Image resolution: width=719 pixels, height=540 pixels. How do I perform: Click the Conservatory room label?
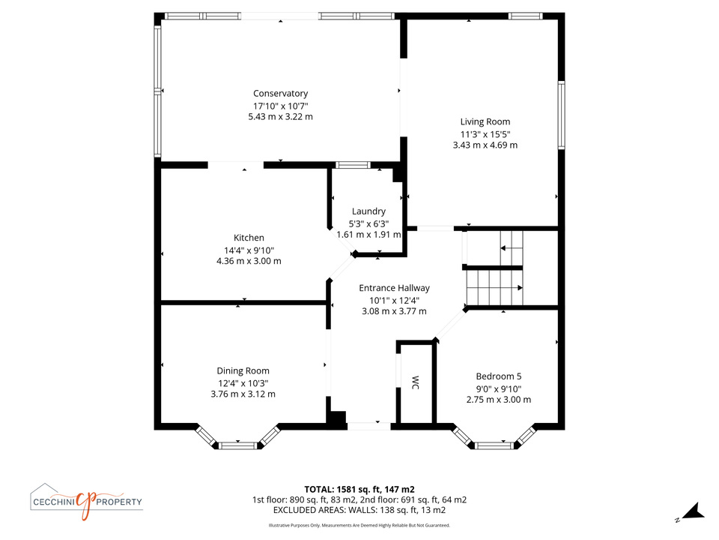pos(280,94)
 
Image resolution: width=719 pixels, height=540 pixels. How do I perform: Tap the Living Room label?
pos(485,121)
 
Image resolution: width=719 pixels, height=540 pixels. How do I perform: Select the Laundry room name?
pos(368,211)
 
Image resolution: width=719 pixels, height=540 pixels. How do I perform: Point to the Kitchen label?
pos(249,238)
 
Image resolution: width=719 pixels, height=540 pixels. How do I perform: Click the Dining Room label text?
pos(243,371)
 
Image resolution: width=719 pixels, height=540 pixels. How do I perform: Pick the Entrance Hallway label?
pos(395,288)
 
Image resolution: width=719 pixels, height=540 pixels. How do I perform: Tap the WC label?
pos(416,382)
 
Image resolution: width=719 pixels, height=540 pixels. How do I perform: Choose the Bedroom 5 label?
pos(499,376)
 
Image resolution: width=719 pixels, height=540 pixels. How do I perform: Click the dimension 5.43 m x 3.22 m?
pos(281,117)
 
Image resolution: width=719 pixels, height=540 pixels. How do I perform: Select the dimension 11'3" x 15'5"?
pos(485,134)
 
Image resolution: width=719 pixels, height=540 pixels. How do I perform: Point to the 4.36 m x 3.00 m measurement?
pos(249,261)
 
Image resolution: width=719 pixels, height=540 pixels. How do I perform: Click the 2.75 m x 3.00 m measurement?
pos(499,400)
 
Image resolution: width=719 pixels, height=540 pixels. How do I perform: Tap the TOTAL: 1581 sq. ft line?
pos(359,490)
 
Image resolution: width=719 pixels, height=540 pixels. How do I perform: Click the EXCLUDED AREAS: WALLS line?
pos(359,510)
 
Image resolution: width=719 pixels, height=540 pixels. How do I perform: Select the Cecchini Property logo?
pos(86,502)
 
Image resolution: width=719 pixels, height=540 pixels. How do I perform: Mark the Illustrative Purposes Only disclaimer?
pos(359,525)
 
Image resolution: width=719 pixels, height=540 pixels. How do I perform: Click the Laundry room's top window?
pos(353,165)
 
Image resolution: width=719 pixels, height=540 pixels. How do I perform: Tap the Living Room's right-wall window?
pos(561,115)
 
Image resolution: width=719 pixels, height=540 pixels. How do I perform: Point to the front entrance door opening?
pos(369,426)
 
